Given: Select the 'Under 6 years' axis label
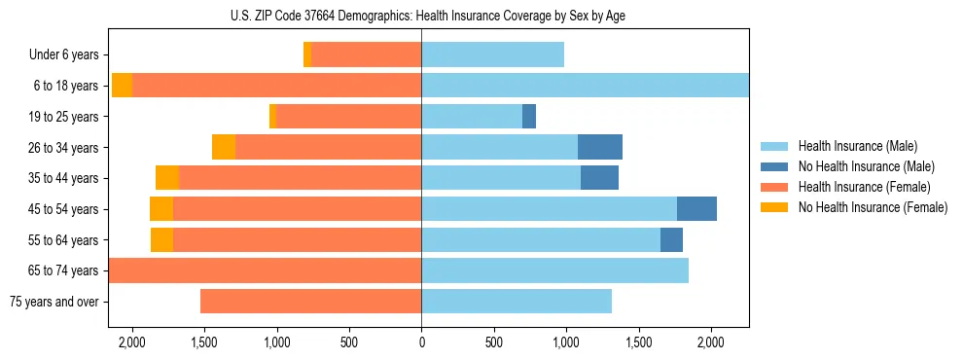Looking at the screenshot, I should click(x=63, y=55).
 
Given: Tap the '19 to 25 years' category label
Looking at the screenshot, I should click(x=63, y=117).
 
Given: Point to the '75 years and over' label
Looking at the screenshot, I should click(x=53, y=302).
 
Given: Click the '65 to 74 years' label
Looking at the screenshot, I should click(x=63, y=270).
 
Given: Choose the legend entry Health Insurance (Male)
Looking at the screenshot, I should click(x=857, y=147).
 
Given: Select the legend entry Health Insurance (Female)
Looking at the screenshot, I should click(x=864, y=187).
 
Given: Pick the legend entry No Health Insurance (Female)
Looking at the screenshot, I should click(x=873, y=207).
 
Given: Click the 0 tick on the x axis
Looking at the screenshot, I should click(x=421, y=342).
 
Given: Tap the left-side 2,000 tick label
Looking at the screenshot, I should click(x=131, y=342).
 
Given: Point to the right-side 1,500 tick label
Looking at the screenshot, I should click(x=638, y=342).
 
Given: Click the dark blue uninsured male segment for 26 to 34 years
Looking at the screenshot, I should click(x=599, y=147).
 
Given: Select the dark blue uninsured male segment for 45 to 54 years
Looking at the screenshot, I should click(x=696, y=209).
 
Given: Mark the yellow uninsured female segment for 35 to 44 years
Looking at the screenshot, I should click(x=166, y=178).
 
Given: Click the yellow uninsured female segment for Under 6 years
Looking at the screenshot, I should click(x=307, y=55).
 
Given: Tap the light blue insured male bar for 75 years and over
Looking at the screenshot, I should click(x=517, y=302).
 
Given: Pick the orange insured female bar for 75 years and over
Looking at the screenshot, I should click(x=310, y=302).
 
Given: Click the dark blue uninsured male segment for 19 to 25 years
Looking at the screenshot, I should click(x=529, y=117).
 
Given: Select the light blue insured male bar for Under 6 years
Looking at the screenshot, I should click(x=492, y=55).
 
